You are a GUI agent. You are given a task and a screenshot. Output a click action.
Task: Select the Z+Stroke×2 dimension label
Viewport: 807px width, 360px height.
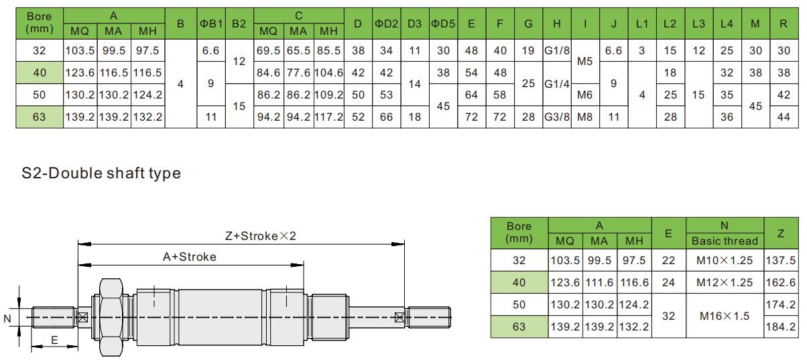(x=260, y=236)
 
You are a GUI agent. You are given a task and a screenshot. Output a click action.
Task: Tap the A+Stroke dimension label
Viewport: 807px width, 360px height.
(x=190, y=256)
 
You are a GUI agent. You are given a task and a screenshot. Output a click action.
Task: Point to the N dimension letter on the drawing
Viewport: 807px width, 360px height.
(x=7, y=318)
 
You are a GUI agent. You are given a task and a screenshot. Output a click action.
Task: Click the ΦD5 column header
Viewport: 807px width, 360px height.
(x=442, y=23)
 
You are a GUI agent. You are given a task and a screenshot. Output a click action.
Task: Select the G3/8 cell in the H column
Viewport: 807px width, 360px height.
(x=556, y=117)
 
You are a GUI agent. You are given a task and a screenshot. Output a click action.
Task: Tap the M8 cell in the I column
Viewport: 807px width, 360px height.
(x=585, y=117)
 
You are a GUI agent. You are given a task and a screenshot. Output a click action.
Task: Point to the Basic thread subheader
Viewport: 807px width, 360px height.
(x=725, y=241)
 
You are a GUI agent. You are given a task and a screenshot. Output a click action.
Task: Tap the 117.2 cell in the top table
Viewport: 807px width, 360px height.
(x=329, y=117)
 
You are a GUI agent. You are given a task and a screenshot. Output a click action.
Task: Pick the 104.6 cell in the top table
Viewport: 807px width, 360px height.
(x=329, y=72)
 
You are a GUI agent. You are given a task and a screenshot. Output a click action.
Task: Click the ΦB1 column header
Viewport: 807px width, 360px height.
(x=210, y=23)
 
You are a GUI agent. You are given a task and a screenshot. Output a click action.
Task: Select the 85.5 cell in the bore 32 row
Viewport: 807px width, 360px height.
(x=329, y=50)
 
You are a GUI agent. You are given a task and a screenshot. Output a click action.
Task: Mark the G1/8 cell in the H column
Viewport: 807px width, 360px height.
(x=556, y=50)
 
